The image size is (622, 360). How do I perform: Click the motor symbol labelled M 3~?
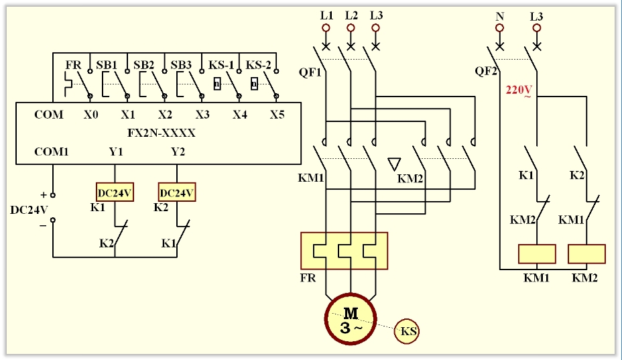pos(351,320)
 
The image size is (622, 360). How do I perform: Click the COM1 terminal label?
pos(52,152)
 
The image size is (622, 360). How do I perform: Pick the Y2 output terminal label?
pos(178,152)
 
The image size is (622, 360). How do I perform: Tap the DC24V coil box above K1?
pos(115,193)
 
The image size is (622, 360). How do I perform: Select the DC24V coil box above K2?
pos(177,193)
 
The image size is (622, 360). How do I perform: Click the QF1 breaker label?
pos(310,71)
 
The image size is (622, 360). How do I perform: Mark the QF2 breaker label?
pos(486,71)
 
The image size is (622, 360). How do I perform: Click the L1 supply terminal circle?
pos(326,28)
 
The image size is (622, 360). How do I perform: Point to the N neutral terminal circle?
pos(499,28)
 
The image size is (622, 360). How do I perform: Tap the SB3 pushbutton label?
pos(180,65)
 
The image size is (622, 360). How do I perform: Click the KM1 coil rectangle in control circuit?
pos(537,254)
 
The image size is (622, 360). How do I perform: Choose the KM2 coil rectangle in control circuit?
pos(586,254)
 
